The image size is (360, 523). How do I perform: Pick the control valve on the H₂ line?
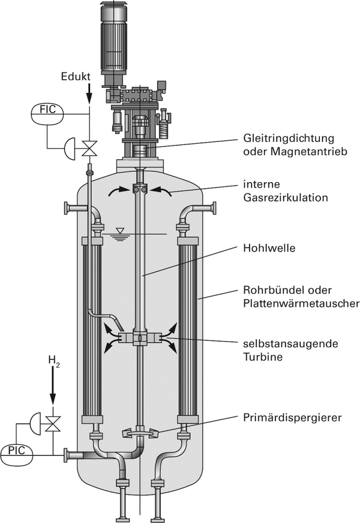(x=53, y=420)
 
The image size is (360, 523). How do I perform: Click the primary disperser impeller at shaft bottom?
(x=140, y=432)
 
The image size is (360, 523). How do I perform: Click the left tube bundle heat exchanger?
(x=92, y=327)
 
